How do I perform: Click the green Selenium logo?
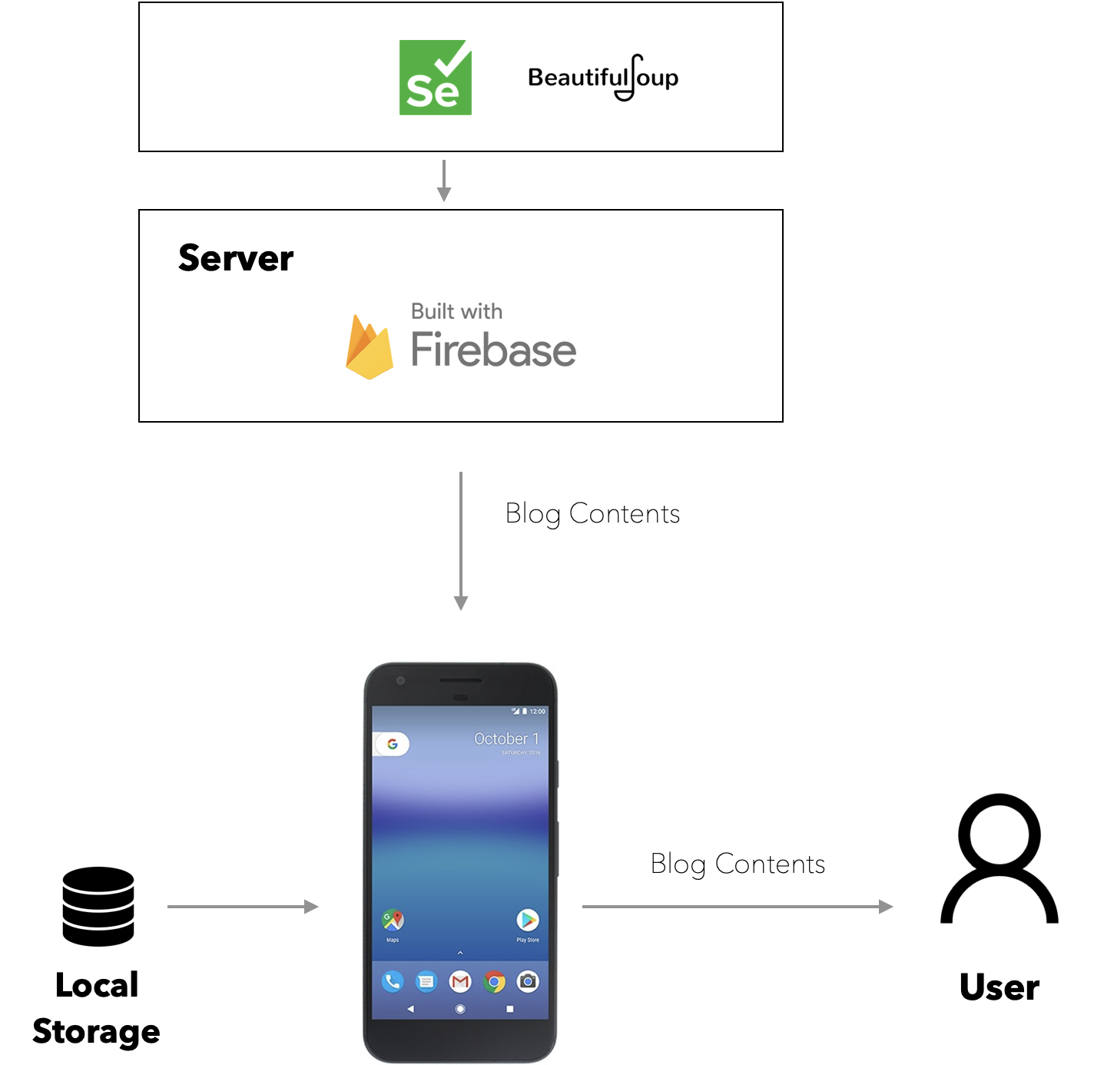(435, 78)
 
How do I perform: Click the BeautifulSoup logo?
(602, 78)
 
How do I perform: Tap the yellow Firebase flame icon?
(369, 348)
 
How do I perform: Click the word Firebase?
(493, 350)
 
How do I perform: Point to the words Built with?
(456, 311)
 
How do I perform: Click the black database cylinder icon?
(98, 907)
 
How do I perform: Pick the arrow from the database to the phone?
(243, 907)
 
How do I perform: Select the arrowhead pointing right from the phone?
(887, 907)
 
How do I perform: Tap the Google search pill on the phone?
(392, 744)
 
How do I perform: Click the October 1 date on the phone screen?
(506, 738)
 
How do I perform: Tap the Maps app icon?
(393, 920)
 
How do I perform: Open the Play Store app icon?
(528, 920)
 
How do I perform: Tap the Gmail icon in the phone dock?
(460, 981)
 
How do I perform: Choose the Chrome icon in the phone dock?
(495, 981)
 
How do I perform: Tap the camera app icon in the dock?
(528, 981)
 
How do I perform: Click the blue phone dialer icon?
(393, 981)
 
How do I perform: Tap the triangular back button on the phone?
(410, 1009)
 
